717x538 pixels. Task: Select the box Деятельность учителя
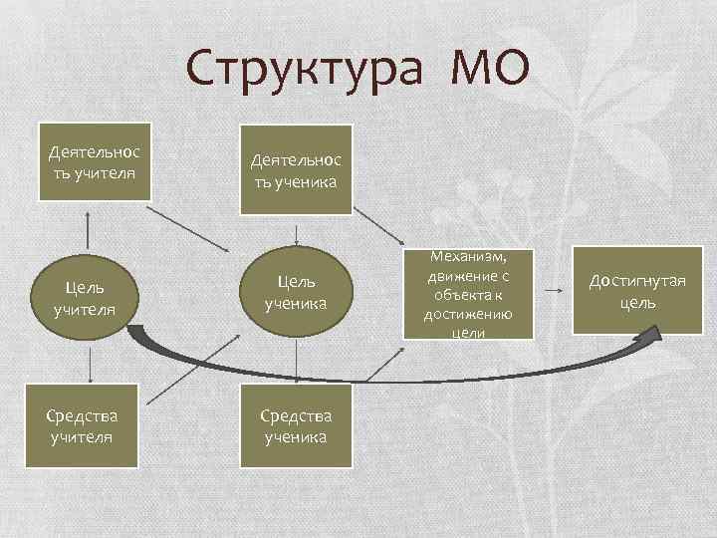(94, 162)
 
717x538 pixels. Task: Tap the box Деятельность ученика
(296, 169)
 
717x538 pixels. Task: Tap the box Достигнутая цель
(635, 291)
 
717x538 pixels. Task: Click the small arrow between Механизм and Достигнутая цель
(553, 290)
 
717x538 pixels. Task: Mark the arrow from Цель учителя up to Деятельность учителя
(91, 231)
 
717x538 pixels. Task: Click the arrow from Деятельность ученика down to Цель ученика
(296, 233)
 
